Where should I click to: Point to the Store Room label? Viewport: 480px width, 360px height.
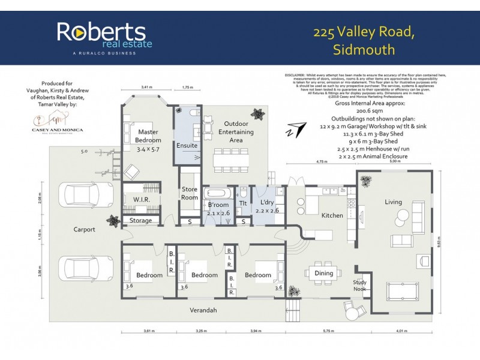[190, 193]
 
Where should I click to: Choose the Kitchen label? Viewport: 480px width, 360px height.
[332, 215]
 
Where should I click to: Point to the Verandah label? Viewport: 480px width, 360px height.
[204, 310]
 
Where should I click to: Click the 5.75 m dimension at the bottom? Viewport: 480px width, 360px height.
[327, 331]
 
